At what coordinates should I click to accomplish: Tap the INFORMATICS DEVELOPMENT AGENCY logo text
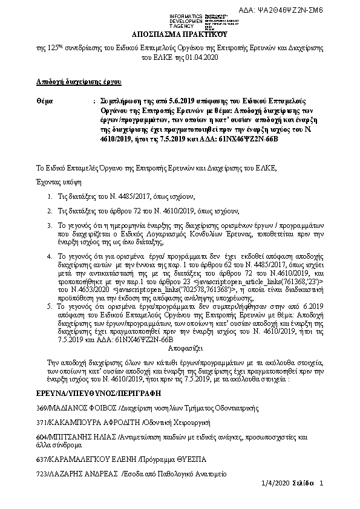point(171,18)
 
